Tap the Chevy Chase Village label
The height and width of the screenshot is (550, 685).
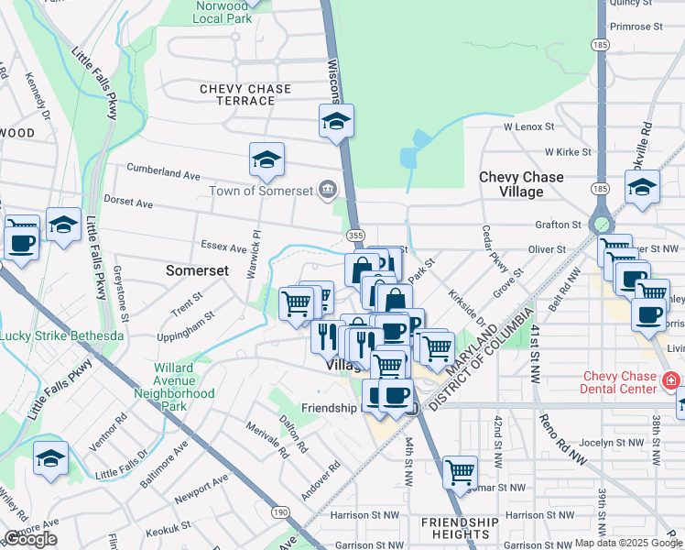pyautogui.click(x=521, y=184)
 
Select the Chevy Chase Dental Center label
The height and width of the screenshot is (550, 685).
pyautogui.click(x=621, y=382)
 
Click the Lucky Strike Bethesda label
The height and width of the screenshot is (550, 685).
pyautogui.click(x=61, y=335)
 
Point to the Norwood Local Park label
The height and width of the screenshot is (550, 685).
pyautogui.click(x=223, y=11)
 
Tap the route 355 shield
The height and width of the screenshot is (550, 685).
pyautogui.click(x=356, y=236)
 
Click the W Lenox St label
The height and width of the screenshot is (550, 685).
pyautogui.click(x=528, y=126)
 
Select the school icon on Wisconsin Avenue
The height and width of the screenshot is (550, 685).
pyautogui.click(x=336, y=120)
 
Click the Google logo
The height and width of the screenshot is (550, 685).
pyautogui.click(x=30, y=539)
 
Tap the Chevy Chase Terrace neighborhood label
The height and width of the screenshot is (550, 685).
pyautogui.click(x=245, y=94)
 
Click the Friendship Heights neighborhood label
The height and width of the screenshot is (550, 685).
pyautogui.click(x=460, y=528)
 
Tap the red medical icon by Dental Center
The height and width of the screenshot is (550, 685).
pyautogui.click(x=671, y=379)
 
